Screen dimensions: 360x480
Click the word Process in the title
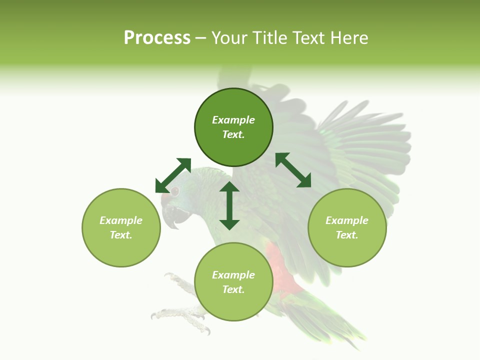point(157,38)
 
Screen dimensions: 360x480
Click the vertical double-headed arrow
point(229,206)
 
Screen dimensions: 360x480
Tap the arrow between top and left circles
point(173,175)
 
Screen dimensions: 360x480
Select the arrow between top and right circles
point(293,170)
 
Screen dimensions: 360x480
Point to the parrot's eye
point(175,191)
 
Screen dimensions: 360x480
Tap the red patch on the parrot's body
point(282,270)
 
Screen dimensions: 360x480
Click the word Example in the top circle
point(233,120)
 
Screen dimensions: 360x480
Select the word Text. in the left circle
point(121,235)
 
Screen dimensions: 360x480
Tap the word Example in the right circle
point(347,220)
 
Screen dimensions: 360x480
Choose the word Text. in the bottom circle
point(233,289)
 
